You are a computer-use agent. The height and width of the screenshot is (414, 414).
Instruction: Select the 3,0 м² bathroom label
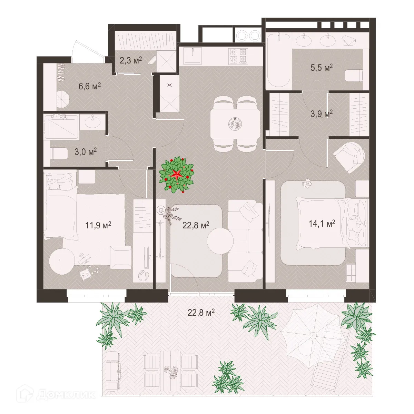click(85, 151)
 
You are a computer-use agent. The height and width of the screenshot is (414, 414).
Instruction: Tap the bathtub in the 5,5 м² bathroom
click(279, 61)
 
